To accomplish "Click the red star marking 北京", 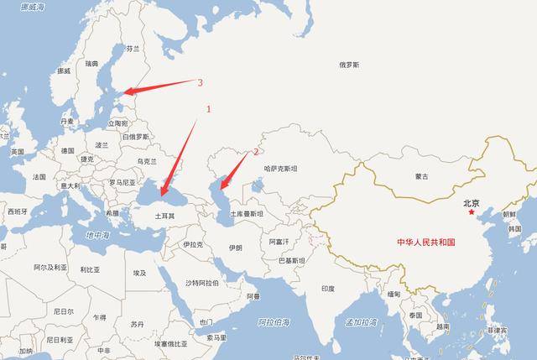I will [x=471, y=211].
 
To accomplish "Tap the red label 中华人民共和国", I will [x=425, y=242].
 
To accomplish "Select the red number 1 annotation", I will [x=209, y=109].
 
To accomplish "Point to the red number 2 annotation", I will [x=256, y=153].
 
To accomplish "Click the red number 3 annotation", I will [x=200, y=82].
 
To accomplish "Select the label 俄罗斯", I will [x=349, y=65].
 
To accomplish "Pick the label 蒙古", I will [x=421, y=176].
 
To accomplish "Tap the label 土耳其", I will [x=164, y=216].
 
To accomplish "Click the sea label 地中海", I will [x=98, y=237].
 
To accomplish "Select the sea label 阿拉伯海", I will [x=274, y=321].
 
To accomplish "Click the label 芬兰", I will [x=133, y=49].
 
